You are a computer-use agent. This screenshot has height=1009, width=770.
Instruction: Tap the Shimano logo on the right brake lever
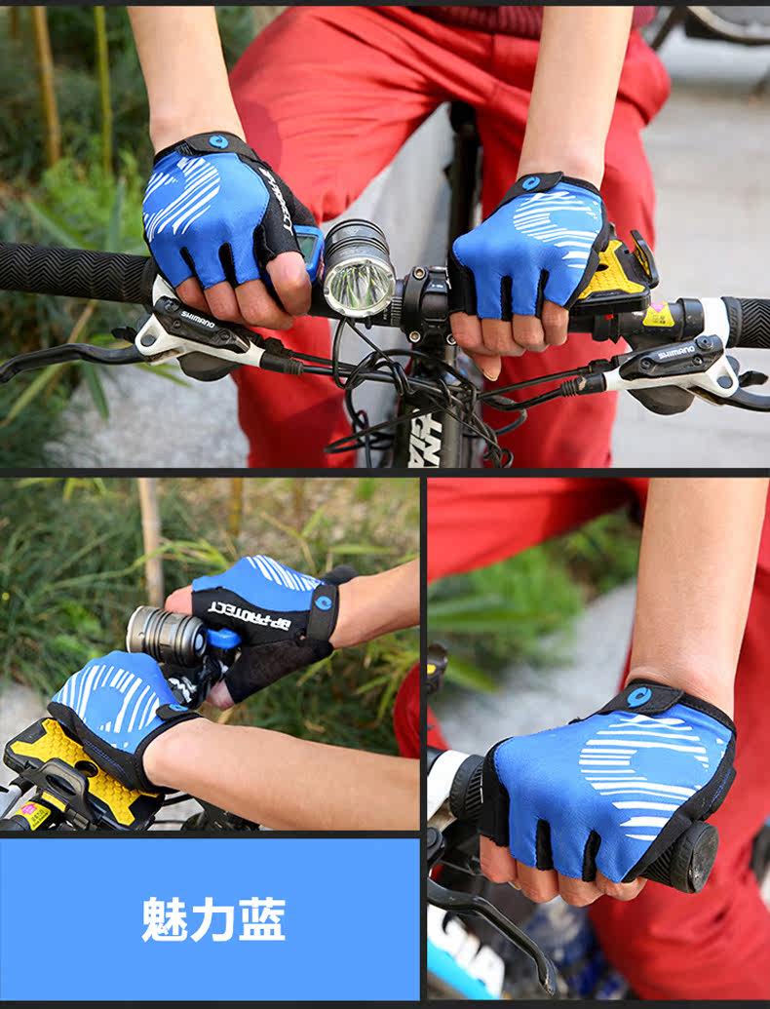tap(674, 352)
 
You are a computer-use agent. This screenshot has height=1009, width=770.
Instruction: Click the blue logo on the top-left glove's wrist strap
tap(218, 142)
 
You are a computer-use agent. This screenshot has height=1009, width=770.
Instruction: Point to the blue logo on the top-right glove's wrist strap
tap(530, 182)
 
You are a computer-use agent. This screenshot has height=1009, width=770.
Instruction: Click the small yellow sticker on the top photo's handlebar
tap(658, 315)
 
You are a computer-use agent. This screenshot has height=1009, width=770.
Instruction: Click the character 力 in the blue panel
tap(212, 919)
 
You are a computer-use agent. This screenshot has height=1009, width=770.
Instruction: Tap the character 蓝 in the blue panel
tap(262, 919)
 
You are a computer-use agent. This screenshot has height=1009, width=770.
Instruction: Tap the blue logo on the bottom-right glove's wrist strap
tap(638, 696)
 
